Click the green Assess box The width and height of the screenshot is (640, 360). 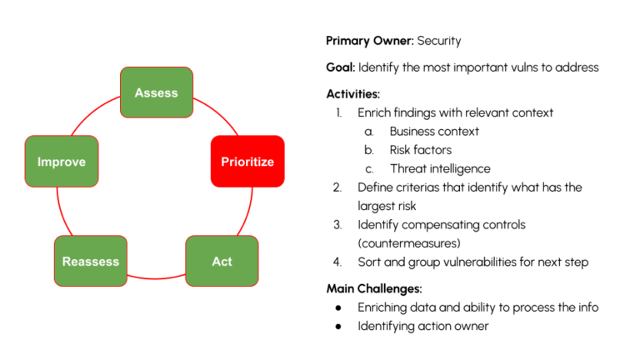pos(156,92)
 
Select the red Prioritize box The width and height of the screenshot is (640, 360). pos(247,162)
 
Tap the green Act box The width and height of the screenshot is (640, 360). pos(222,261)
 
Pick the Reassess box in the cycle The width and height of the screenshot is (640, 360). pos(90,261)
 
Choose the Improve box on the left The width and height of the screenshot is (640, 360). pos(61,162)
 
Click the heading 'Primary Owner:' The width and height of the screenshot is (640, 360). pos(369,40)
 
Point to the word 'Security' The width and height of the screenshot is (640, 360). pos(439,40)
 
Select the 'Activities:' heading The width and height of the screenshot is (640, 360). pos(353,94)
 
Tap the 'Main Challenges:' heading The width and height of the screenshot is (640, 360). pos(373,289)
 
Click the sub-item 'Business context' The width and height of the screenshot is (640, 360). pos(434,132)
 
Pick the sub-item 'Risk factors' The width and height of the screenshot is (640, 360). pos(420,150)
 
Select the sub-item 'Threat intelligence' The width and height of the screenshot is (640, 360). pos(439,168)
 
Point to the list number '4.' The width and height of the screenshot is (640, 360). pos(337,262)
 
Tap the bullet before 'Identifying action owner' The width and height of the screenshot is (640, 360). pos(338,327)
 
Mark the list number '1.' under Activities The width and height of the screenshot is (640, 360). pos(337,112)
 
